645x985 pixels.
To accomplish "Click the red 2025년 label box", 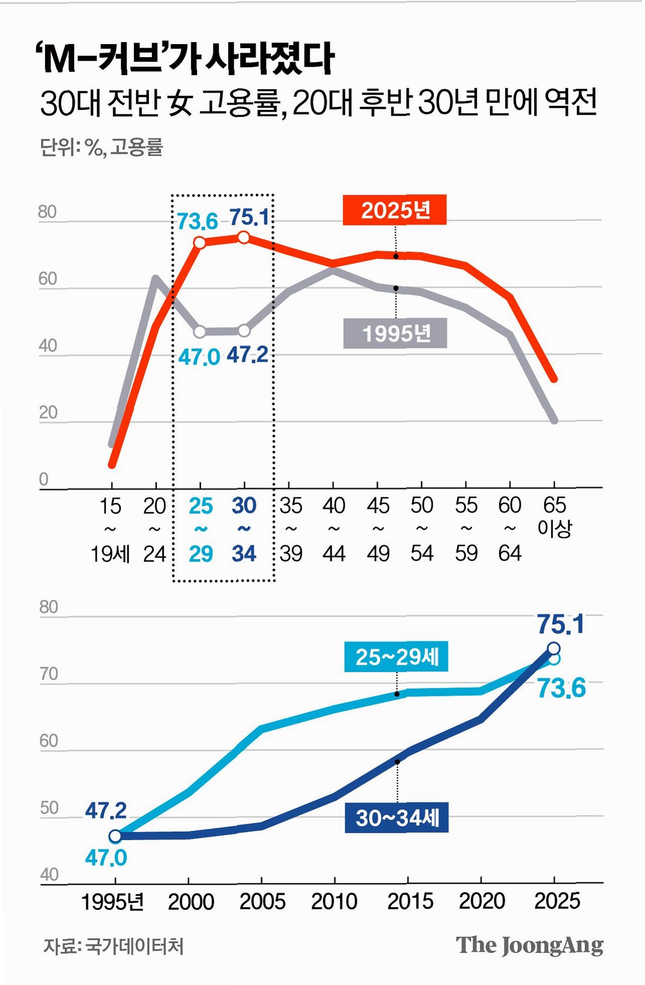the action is coord(394,210).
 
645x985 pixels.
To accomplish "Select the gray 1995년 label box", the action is coord(395,333).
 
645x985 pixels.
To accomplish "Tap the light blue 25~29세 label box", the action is coord(396,657).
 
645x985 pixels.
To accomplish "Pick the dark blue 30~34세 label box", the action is coord(396,818).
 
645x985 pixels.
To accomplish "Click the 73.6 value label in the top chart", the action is coord(197,221).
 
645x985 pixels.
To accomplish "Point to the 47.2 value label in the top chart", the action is coord(248,355).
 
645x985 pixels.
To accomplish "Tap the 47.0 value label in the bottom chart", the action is coord(106,858).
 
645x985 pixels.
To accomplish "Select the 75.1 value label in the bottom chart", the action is coord(561,625).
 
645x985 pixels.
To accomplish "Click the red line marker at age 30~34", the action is coord(244,237).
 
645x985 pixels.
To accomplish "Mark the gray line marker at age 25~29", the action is coord(199,332).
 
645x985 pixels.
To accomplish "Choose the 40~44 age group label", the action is coord(334,529).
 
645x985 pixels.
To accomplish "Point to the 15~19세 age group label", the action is coord(110,529).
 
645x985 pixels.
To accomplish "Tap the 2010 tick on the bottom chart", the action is coord(334,901).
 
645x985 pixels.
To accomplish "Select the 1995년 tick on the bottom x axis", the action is coord(112,901).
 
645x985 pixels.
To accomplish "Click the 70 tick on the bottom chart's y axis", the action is coord(49,674).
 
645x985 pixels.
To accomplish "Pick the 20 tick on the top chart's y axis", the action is coord(48,413).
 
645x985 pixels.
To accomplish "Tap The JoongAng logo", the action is coord(529,945).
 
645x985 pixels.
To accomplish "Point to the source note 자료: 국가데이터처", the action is coord(113,946).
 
